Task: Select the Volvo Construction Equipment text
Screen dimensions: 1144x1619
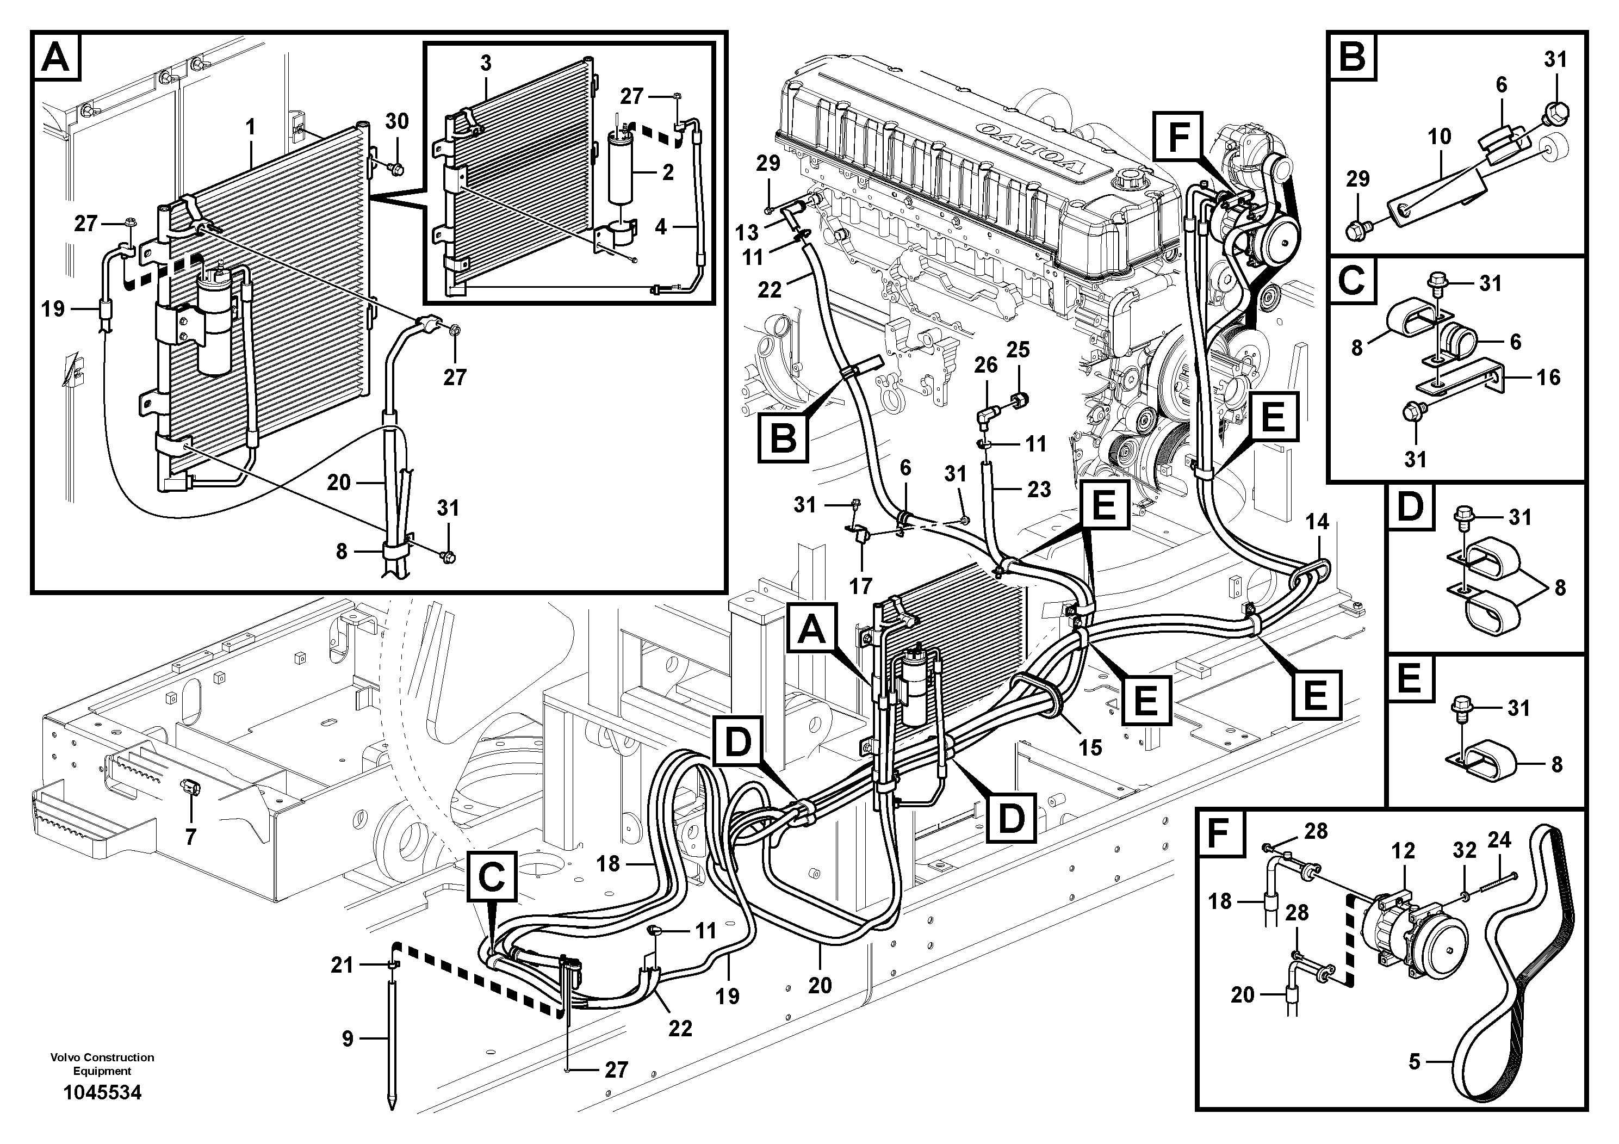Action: pyautogui.click(x=102, y=1063)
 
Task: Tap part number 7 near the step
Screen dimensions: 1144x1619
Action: pyautogui.click(x=190, y=837)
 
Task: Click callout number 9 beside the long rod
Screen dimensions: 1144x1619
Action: pyautogui.click(x=348, y=1039)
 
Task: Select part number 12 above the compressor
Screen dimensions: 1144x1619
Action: pyautogui.click(x=1403, y=851)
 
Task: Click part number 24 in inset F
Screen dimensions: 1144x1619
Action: pyautogui.click(x=1499, y=840)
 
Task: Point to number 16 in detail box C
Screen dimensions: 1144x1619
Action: pyautogui.click(x=1548, y=378)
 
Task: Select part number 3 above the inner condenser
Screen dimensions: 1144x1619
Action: pyautogui.click(x=485, y=63)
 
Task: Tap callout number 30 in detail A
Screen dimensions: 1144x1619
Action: pyautogui.click(x=397, y=121)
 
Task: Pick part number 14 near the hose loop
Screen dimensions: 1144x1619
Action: pyautogui.click(x=1317, y=522)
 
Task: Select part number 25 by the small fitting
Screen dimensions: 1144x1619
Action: pyautogui.click(x=1018, y=349)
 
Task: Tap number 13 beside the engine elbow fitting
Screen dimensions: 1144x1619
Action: pyautogui.click(x=747, y=232)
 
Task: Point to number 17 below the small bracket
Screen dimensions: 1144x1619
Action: pyautogui.click(x=860, y=585)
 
